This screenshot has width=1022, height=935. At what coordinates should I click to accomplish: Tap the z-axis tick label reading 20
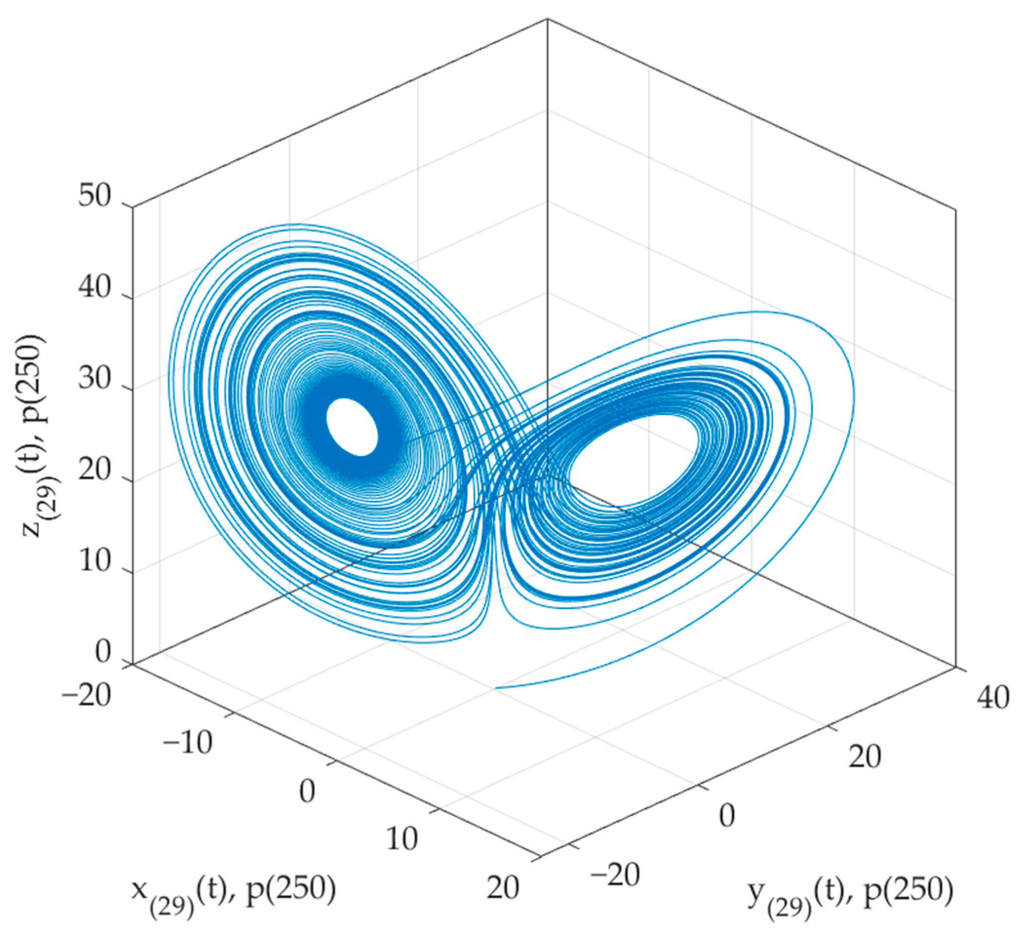click(94, 471)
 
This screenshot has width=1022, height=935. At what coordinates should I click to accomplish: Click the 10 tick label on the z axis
click(94, 563)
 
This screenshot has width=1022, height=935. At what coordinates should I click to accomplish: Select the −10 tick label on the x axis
click(187, 744)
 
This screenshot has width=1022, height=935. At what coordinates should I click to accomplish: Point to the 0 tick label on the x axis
click(307, 791)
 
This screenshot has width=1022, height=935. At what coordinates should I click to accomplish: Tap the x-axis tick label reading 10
click(402, 839)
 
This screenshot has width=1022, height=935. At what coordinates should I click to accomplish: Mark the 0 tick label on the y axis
click(727, 816)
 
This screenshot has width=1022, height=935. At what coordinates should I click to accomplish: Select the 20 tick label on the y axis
click(865, 757)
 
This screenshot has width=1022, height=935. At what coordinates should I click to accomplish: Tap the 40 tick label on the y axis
click(993, 698)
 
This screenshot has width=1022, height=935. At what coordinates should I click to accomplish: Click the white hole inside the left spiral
click(352, 427)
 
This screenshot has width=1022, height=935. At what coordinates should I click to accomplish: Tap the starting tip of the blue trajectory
click(495, 687)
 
